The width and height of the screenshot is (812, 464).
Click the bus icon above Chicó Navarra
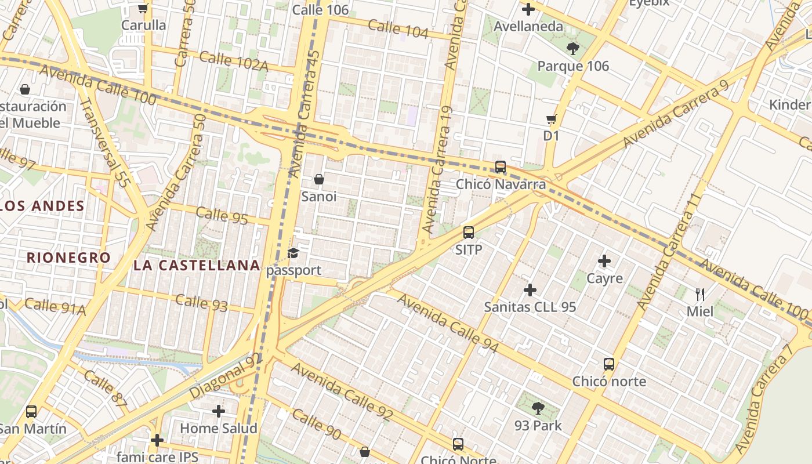click(501, 167)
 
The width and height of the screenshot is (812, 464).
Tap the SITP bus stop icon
click(469, 233)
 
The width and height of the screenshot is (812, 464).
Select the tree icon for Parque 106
click(573, 49)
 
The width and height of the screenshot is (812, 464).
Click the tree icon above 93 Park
click(538, 408)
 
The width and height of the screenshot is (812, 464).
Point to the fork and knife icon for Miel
click(700, 294)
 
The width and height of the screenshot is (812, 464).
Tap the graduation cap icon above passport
click(293, 253)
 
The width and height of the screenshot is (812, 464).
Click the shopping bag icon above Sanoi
click(318, 179)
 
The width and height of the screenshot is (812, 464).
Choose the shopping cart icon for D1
click(551, 119)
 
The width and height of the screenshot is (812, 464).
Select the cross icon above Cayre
click(604, 261)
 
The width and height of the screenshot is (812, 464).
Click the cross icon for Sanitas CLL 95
click(530, 290)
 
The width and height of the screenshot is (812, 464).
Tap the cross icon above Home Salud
click(218, 411)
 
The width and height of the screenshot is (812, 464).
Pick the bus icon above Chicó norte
click(609, 364)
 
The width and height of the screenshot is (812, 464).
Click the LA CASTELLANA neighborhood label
click(197, 266)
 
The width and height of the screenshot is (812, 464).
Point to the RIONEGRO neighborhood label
click(68, 258)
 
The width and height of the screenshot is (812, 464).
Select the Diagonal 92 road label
click(226, 376)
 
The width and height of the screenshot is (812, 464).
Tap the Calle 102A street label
click(234, 61)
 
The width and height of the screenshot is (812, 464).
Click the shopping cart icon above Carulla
click(143, 9)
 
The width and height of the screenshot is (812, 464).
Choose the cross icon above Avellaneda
click(528, 9)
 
